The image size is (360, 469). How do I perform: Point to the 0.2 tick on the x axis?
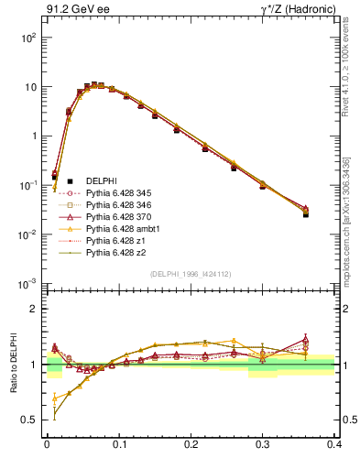click(191, 442)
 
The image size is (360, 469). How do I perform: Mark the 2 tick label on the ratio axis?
click(37, 309)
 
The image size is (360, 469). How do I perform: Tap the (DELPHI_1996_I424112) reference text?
click(191, 274)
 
